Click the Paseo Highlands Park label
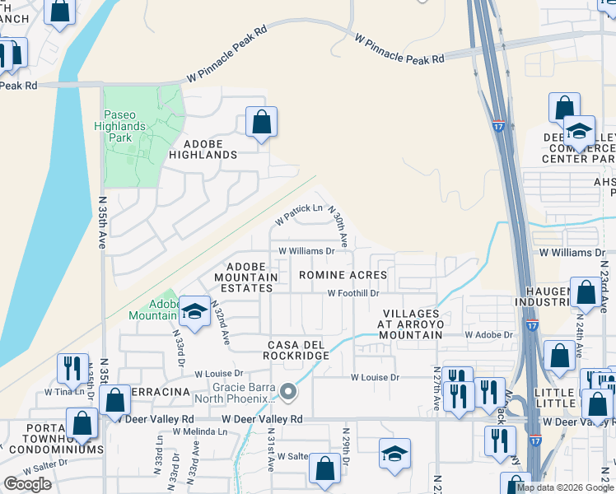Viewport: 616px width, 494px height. [125, 127]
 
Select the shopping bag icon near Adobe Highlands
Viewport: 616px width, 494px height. [261, 123]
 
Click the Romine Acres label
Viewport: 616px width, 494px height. [343, 274]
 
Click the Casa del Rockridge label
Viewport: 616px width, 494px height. [296, 349]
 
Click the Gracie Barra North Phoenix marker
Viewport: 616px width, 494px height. [287, 392]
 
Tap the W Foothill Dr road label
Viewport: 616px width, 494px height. [352, 293]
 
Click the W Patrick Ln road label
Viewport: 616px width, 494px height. [298, 213]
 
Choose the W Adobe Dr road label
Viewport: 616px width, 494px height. [488, 335]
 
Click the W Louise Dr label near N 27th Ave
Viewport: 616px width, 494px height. [375, 378]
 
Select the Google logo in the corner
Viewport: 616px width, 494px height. [28, 484]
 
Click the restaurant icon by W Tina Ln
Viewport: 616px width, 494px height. [72, 368]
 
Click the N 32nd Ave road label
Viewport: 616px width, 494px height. [221, 322]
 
